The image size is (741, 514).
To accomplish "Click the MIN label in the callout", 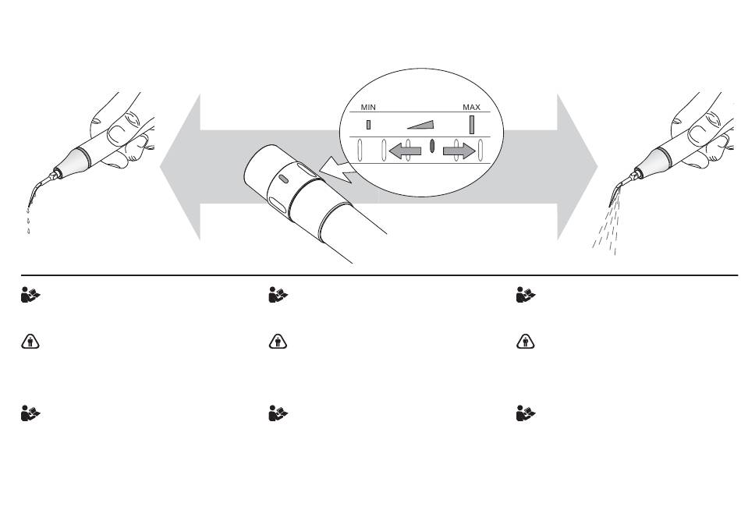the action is (368, 107).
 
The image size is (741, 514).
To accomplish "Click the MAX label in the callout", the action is (471, 107).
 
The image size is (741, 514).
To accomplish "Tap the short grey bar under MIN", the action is (369, 125).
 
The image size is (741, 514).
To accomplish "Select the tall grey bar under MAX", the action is (472, 125).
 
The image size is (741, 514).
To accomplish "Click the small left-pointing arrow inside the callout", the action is (405, 151).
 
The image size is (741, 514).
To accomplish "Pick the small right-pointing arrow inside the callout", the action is (459, 151).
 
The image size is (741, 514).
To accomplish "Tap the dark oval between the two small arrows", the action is (432, 146).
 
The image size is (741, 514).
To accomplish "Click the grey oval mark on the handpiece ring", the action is (284, 179).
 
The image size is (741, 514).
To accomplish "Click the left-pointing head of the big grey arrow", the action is (180, 167).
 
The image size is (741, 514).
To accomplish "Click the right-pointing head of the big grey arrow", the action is (577, 167).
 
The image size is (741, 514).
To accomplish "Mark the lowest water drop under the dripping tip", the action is (29, 231).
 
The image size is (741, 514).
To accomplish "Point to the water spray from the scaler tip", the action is (606, 227).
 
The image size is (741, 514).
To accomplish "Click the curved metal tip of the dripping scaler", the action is (40, 189).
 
